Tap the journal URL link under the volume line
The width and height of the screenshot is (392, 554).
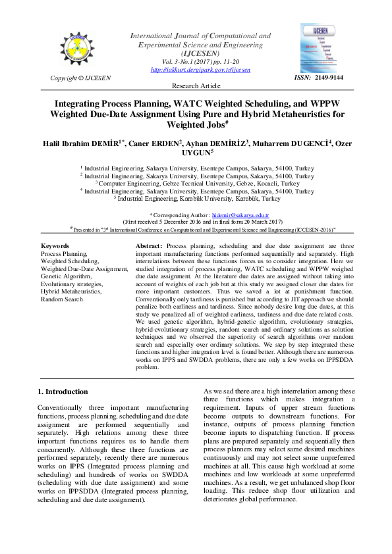coord(202,69)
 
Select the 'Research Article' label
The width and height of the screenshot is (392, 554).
coord(196,86)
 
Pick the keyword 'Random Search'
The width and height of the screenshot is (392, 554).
coord(62,299)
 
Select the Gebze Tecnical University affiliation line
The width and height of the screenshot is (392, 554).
coord(196,184)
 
